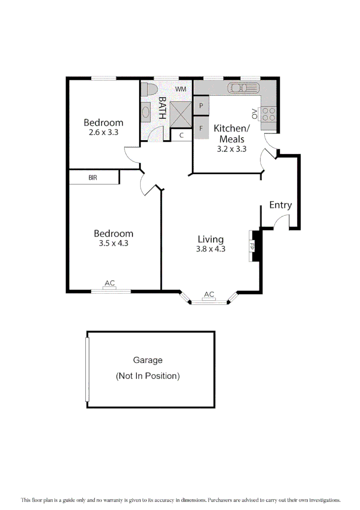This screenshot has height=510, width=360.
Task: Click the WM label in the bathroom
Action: [181, 89]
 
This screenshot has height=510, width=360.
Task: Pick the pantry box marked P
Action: [201, 106]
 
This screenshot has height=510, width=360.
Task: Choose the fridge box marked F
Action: [201, 128]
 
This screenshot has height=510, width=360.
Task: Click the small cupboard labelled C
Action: [181, 136]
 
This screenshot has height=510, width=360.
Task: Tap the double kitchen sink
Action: [243, 88]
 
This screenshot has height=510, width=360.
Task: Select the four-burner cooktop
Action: [268, 114]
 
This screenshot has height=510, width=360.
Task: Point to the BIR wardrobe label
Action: [93, 178]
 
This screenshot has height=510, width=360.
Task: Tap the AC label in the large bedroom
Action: [109, 283]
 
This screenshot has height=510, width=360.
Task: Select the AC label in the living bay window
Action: [209, 295]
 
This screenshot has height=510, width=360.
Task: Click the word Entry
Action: [280, 205]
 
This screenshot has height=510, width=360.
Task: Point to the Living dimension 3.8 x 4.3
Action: [210, 249]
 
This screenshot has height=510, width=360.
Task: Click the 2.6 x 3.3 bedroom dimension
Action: [103, 133]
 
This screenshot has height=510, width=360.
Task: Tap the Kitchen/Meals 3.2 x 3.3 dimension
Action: [232, 148]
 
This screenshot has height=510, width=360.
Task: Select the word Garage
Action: [148, 360]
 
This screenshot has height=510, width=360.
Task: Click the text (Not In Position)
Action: [148, 376]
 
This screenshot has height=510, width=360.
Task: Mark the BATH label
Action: [162, 108]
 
